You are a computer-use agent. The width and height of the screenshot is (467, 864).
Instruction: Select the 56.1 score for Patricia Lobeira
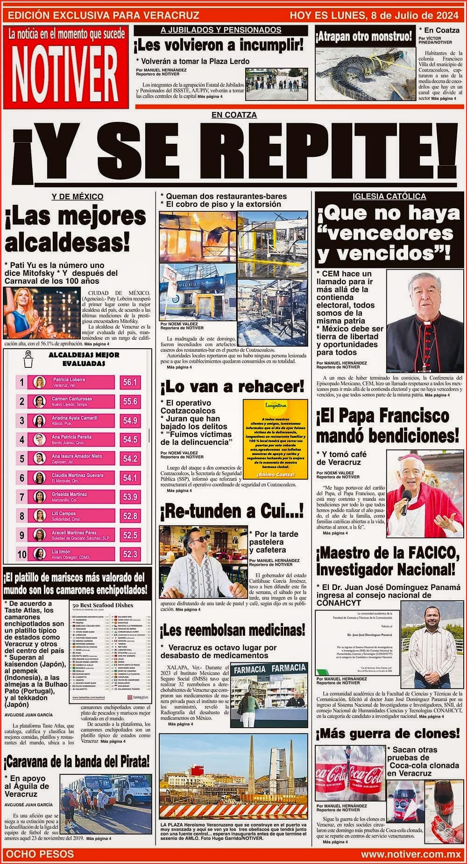[x=129, y=382]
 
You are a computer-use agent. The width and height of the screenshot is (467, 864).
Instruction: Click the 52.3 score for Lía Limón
[x=129, y=554]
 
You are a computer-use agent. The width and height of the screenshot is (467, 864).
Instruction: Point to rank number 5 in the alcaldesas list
[x=21, y=458]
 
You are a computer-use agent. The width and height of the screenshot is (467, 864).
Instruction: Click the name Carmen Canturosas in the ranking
[x=71, y=399]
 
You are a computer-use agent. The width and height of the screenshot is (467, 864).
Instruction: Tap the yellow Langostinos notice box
[x=275, y=439]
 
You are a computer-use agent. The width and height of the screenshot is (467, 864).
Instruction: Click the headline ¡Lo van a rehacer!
[x=232, y=386]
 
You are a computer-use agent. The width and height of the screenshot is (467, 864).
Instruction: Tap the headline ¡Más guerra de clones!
[x=388, y=733]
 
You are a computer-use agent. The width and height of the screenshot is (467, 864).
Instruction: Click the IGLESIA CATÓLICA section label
[x=389, y=197]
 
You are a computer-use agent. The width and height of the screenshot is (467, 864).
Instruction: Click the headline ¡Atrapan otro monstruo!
[x=363, y=36]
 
